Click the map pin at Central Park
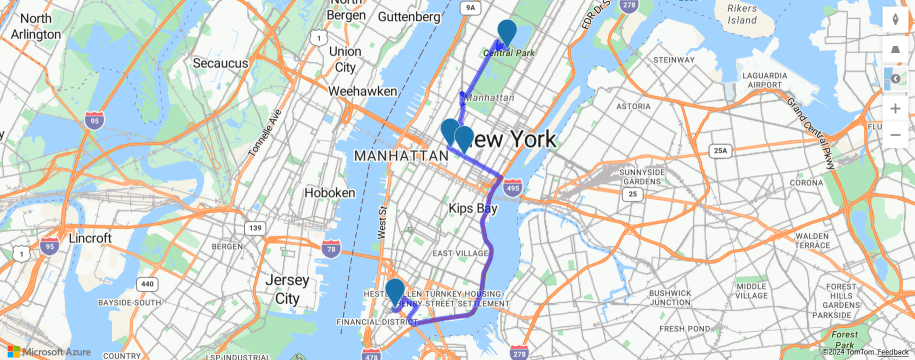tap(506, 32)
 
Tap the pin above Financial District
tap(395, 291)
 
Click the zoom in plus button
tap(894, 107)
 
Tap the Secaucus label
tap(220, 63)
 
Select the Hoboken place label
tap(330, 192)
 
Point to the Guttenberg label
tap(409, 17)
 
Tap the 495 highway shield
tap(513, 187)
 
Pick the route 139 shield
tap(256, 229)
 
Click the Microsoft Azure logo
tap(50, 352)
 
